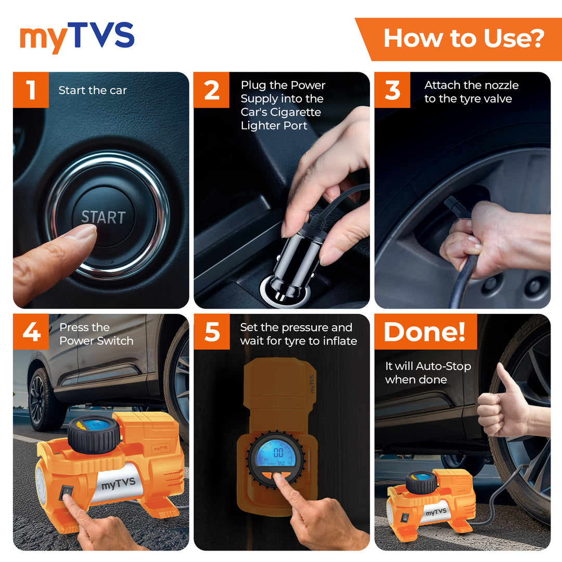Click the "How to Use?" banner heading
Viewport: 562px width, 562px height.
(464, 39)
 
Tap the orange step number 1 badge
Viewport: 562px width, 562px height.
(31, 90)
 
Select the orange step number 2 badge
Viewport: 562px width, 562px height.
(211, 90)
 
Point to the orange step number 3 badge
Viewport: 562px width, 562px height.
(392, 90)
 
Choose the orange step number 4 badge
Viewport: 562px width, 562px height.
(31, 331)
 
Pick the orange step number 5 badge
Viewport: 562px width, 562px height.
(211, 331)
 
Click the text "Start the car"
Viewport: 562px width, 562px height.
(93, 91)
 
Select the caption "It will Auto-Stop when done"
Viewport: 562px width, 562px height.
(428, 373)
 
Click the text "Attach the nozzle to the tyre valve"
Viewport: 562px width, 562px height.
(471, 92)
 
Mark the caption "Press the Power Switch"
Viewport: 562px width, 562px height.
(96, 334)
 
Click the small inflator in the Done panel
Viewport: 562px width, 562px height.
(427, 502)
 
